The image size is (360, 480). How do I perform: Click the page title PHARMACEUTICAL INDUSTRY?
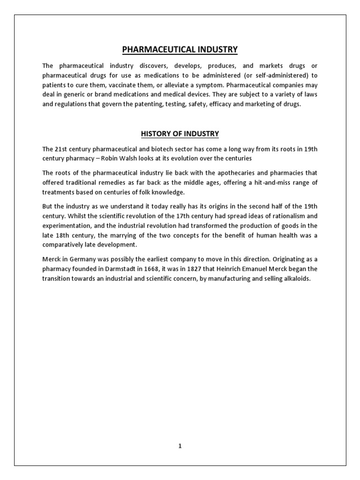coord(180,49)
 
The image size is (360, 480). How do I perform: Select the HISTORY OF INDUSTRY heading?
coord(180,134)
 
